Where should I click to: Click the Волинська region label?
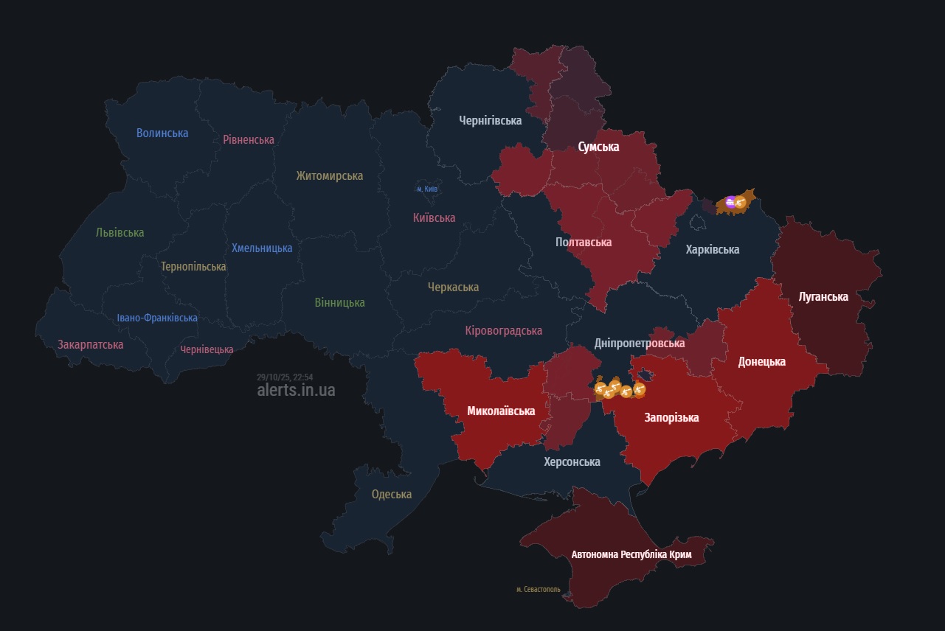pos(162,133)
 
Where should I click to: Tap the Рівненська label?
pos(249,139)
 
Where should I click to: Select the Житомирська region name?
pos(329,175)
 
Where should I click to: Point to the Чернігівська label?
pos(490,120)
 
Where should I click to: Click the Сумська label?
pos(598,147)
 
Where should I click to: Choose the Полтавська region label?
pos(584,242)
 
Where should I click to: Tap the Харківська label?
pos(712,249)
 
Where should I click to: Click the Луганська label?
pos(823,296)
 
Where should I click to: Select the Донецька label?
pos(761,361)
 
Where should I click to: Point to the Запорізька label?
pos(671,417)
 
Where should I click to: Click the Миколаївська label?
pos(501,411)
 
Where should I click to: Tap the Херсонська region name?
pos(572,461)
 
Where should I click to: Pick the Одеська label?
pos(392,494)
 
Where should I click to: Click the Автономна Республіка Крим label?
pos(631,554)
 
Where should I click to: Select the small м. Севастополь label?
pos(538,590)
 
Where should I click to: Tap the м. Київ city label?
pos(427,189)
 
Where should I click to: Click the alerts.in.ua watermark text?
pos(296,390)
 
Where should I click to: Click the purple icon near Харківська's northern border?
pos(730,202)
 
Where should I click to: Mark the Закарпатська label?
pos(91,344)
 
